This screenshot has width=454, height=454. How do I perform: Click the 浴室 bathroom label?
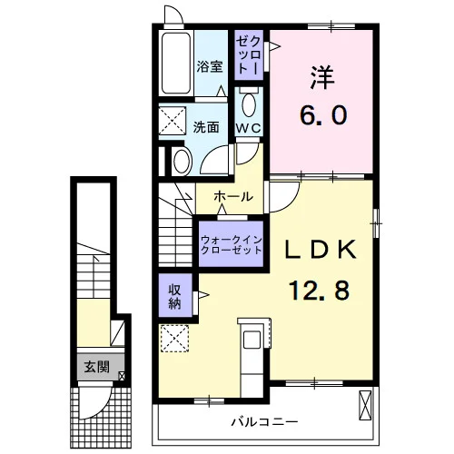tap(210, 66)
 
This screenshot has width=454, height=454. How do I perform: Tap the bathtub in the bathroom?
tap(176, 64)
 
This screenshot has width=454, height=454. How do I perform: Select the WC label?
tap(248, 128)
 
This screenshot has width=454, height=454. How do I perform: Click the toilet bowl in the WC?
tap(249, 104)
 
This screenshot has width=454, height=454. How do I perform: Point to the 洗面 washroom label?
tap(206, 127)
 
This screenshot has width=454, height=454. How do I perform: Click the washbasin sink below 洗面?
tap(182, 162)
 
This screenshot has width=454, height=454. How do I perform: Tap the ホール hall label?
tap(233, 197)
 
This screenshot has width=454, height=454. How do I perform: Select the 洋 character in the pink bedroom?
tap(322, 77)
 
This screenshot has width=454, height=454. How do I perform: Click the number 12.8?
tap(320, 290)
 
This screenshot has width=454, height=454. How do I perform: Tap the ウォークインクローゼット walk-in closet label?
tap(232, 245)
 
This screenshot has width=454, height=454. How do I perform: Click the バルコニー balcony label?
tap(264, 421)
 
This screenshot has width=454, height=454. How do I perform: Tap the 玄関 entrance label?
tap(96, 367)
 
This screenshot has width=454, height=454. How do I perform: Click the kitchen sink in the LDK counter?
tap(252, 340)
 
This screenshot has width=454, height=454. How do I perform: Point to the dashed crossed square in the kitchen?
tap(174, 339)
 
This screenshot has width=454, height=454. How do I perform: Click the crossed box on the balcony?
tap(365, 405)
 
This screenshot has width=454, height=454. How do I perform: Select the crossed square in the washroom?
tap(173, 121)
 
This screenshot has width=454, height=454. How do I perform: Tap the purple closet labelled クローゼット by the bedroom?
tap(249, 55)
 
